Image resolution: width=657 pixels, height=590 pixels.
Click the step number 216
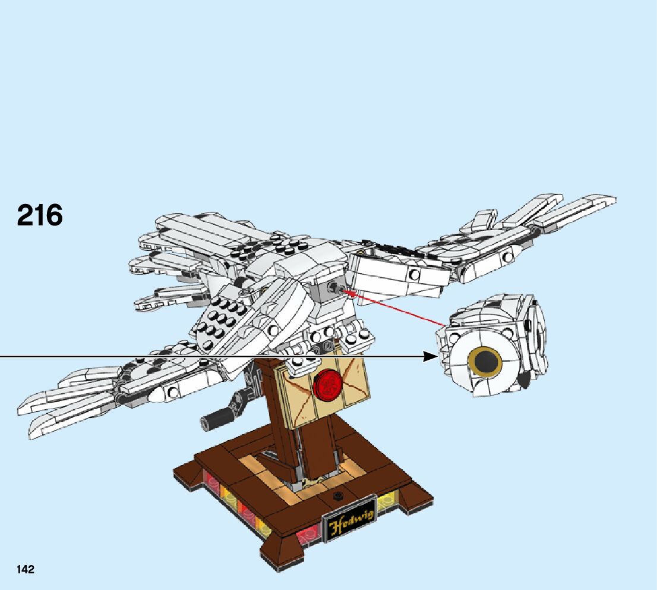pyautogui.click(x=40, y=215)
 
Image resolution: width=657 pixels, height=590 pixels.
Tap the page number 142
pyautogui.click(x=26, y=569)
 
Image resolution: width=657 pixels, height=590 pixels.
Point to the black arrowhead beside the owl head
pyautogui.click(x=431, y=356)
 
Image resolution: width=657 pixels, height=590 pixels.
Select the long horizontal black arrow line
pyautogui.click(x=208, y=356)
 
